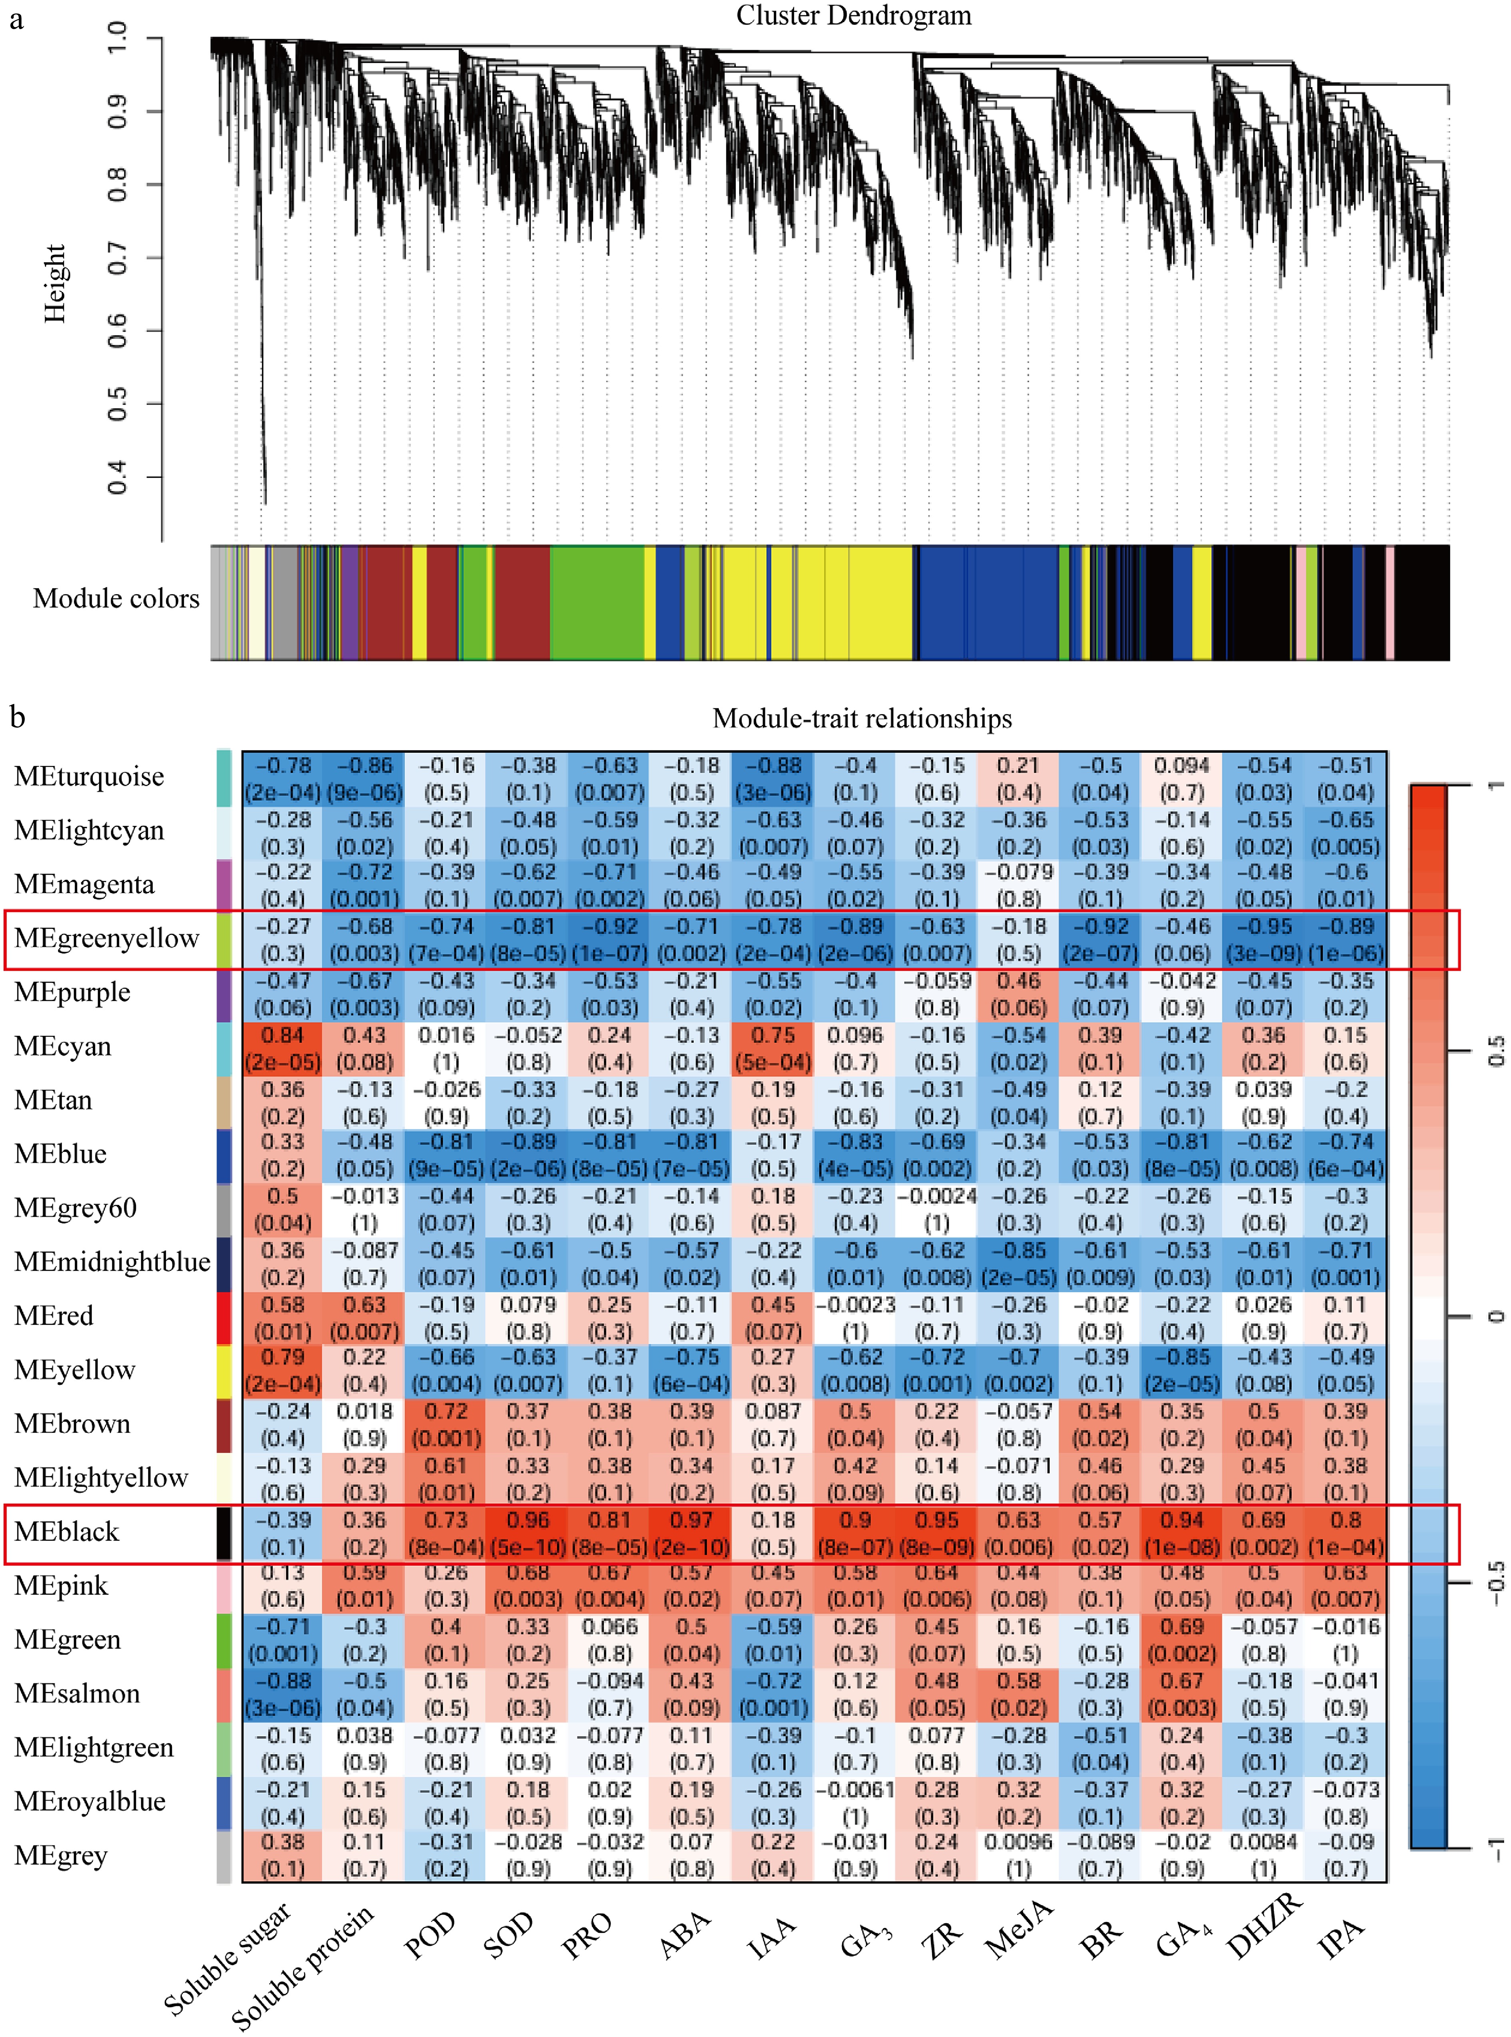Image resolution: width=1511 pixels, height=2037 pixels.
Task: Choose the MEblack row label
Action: tap(67, 1532)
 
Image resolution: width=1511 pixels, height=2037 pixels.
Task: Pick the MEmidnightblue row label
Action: tap(112, 1262)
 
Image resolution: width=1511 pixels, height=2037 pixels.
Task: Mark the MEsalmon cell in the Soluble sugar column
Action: tap(283, 1694)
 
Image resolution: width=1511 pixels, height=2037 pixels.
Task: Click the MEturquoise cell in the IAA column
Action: tap(773, 778)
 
